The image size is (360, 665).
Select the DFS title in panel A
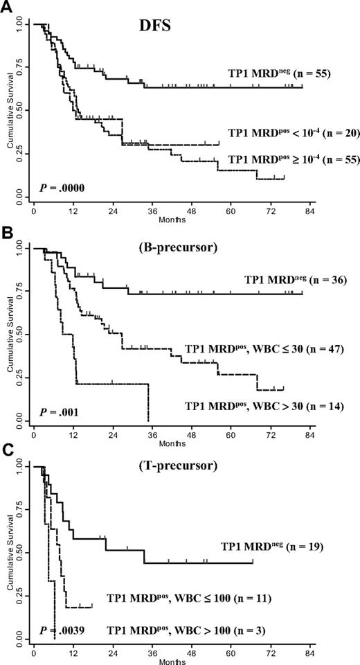point(160,33)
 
